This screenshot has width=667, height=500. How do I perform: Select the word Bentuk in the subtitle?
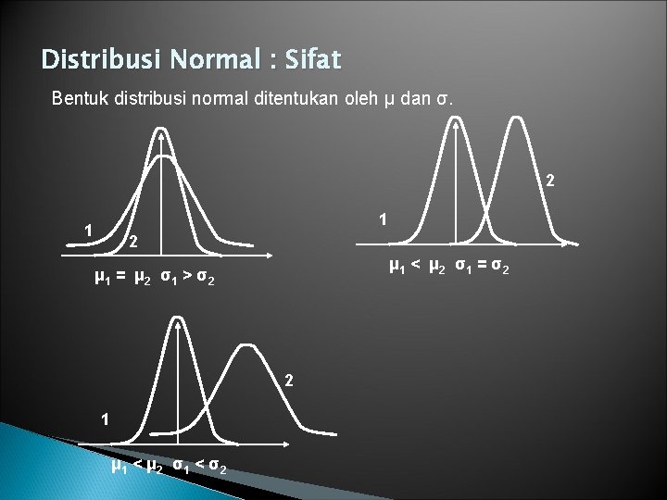77,97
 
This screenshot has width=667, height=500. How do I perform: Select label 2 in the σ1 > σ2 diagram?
133,244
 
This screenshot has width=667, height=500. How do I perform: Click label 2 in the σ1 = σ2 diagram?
549,180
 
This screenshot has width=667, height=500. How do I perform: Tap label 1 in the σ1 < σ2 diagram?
105,418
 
